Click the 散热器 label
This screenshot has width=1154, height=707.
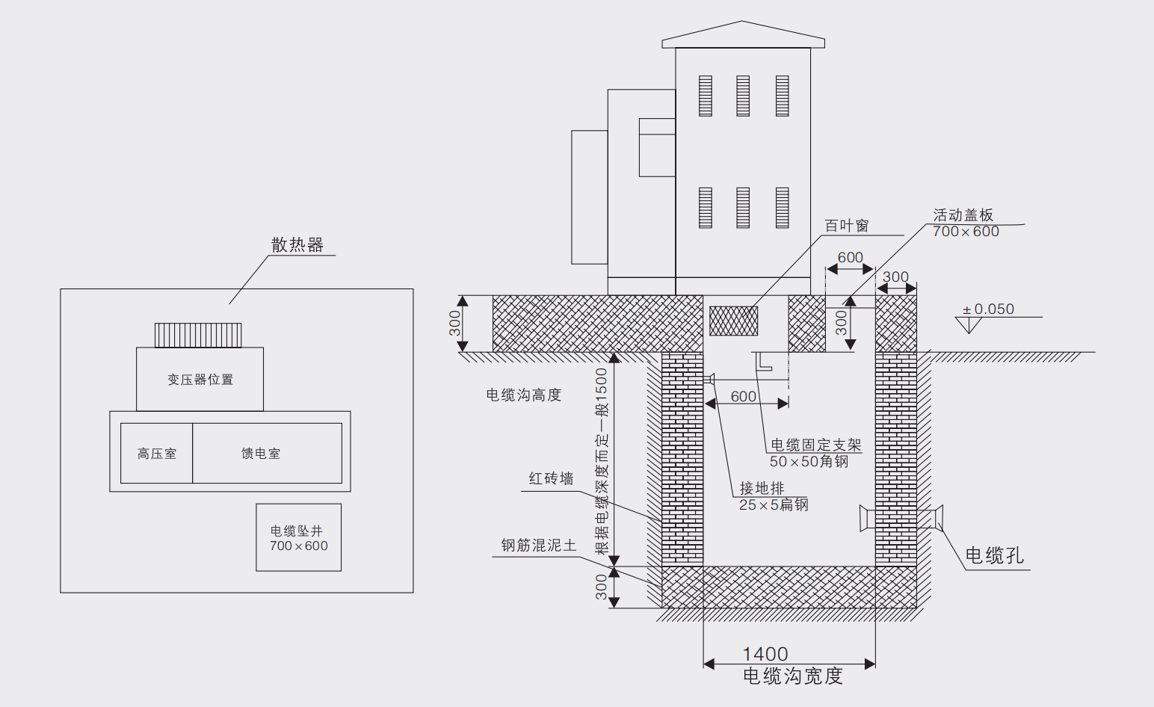coord(297,245)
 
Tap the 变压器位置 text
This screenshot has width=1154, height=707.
coord(200,380)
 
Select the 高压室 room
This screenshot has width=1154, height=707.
coord(157,454)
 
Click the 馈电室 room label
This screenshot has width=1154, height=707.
coord(261,454)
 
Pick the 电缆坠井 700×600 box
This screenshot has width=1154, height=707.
coord(299,538)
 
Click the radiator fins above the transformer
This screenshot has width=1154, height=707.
coord(198,336)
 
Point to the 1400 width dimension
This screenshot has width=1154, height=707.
coord(765,655)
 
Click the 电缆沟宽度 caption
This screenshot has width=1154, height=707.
coord(792,676)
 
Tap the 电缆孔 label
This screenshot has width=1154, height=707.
coord(994,555)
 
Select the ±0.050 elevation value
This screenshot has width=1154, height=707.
coord(988,309)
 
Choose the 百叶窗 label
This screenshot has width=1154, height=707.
coord(846,226)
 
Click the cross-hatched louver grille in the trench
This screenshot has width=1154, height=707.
coord(733,321)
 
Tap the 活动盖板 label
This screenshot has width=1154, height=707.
coord(963,215)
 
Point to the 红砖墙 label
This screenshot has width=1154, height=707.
coord(551,479)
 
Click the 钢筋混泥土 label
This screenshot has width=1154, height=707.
coord(538,546)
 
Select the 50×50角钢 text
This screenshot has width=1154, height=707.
coord(809,462)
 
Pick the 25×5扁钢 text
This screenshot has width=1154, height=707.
coord(774,505)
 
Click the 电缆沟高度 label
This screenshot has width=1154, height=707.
coord(523,395)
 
